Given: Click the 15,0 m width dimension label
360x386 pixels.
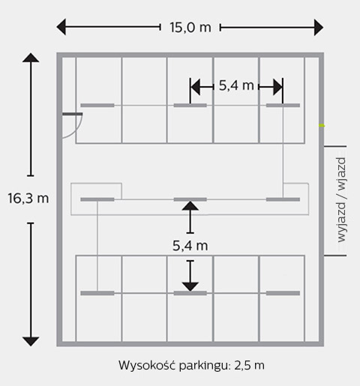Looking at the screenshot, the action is pos(190,27).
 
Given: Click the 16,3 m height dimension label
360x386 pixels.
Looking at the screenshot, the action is pos(28,199).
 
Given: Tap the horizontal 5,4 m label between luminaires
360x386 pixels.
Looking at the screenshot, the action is pos(236,85).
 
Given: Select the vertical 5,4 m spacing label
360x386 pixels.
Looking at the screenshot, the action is pos(190,246).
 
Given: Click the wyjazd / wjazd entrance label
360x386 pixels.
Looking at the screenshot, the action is pos(341,200).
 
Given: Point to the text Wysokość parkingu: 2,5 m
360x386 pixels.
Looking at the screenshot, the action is pos(191,365).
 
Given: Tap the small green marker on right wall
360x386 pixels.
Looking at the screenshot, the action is pos(322,125).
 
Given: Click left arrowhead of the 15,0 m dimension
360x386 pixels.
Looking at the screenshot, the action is pos(61,27).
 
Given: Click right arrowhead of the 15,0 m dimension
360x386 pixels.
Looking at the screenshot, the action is pos(319,28).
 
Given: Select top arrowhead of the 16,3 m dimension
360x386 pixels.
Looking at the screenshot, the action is pos(31,58).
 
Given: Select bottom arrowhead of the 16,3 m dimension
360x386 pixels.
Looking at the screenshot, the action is pos(31,342).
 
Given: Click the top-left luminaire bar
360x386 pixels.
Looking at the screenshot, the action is pos(97,106).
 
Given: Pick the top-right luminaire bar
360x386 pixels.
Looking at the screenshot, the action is pos(283,106).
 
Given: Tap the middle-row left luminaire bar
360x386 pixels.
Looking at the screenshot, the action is pos(97,199).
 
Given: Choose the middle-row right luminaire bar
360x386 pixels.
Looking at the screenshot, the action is pos(283,199).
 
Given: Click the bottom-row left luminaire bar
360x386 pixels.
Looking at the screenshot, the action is pos(97,293).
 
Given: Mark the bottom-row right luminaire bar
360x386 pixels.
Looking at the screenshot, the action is pos(283,293).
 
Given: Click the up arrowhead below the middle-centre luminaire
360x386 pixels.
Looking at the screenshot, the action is pos(190,206).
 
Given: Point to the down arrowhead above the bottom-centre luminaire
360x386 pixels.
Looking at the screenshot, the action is pos(190,287).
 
